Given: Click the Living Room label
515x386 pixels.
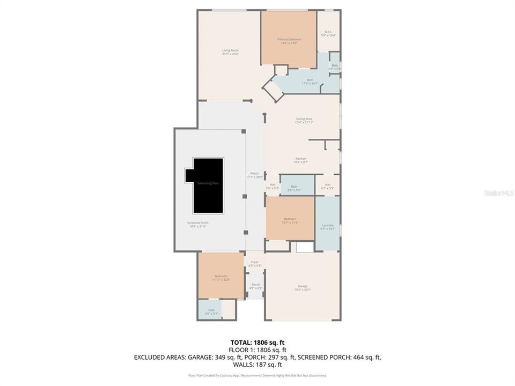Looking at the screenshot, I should pos(231,52).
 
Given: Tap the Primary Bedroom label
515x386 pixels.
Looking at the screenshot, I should pos(289,41).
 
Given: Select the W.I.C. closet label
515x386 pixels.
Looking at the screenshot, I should pos(327,34).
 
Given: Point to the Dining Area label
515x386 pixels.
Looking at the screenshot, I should pos(304,121).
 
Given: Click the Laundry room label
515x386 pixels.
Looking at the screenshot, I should pos(327,227).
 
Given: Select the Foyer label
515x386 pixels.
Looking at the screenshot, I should pos(255,264).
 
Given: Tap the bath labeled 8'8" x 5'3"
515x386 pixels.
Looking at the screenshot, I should pos(294,187).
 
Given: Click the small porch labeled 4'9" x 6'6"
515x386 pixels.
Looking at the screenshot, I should pos(255,286).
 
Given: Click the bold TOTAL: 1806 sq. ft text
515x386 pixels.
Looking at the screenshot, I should pos(257,342).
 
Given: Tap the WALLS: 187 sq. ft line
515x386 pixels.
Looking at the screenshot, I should pos(257,365).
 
